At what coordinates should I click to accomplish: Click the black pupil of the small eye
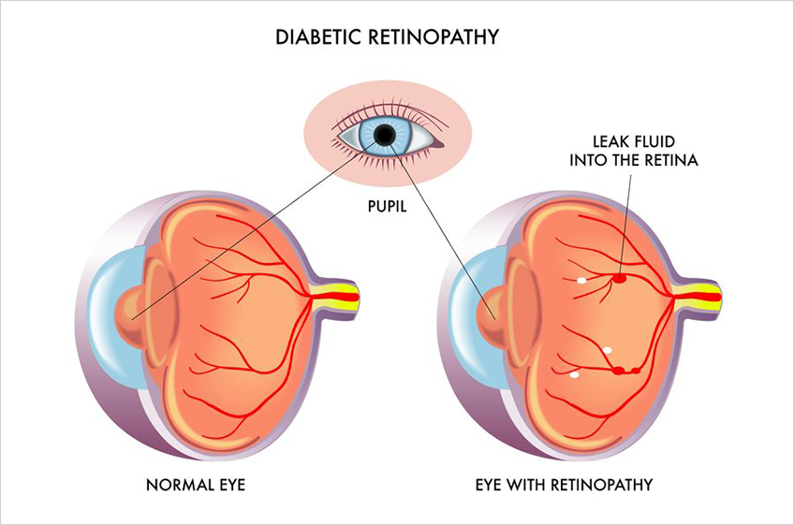pyautogui.click(x=384, y=138)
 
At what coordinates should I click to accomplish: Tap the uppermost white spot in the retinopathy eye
pyautogui.click(x=581, y=280)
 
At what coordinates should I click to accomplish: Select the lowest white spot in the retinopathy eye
pyautogui.click(x=575, y=375)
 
